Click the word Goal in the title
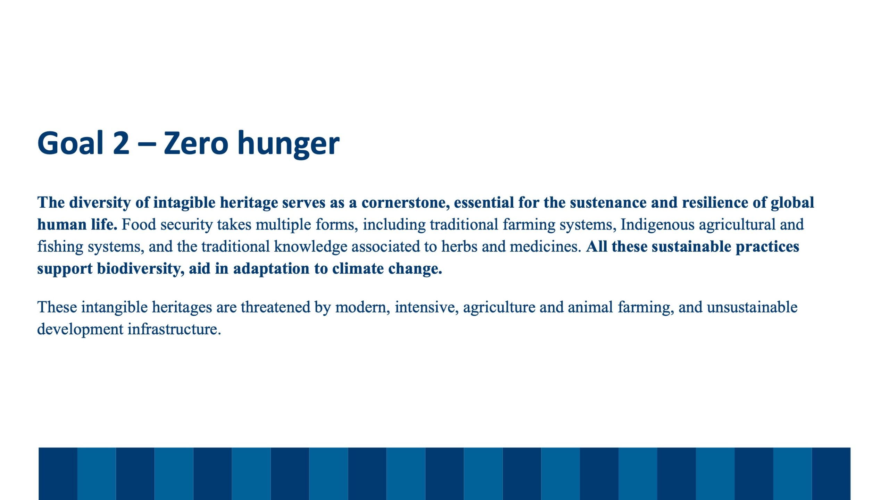tap(71, 143)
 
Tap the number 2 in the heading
tap(121, 143)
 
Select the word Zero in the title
tap(196, 143)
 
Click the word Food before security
tap(139, 225)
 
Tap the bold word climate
tap(358, 269)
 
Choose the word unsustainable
tap(752, 307)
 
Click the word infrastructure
tap(174, 329)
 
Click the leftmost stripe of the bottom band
tap(58, 474)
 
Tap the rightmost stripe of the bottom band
tap(831, 474)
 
